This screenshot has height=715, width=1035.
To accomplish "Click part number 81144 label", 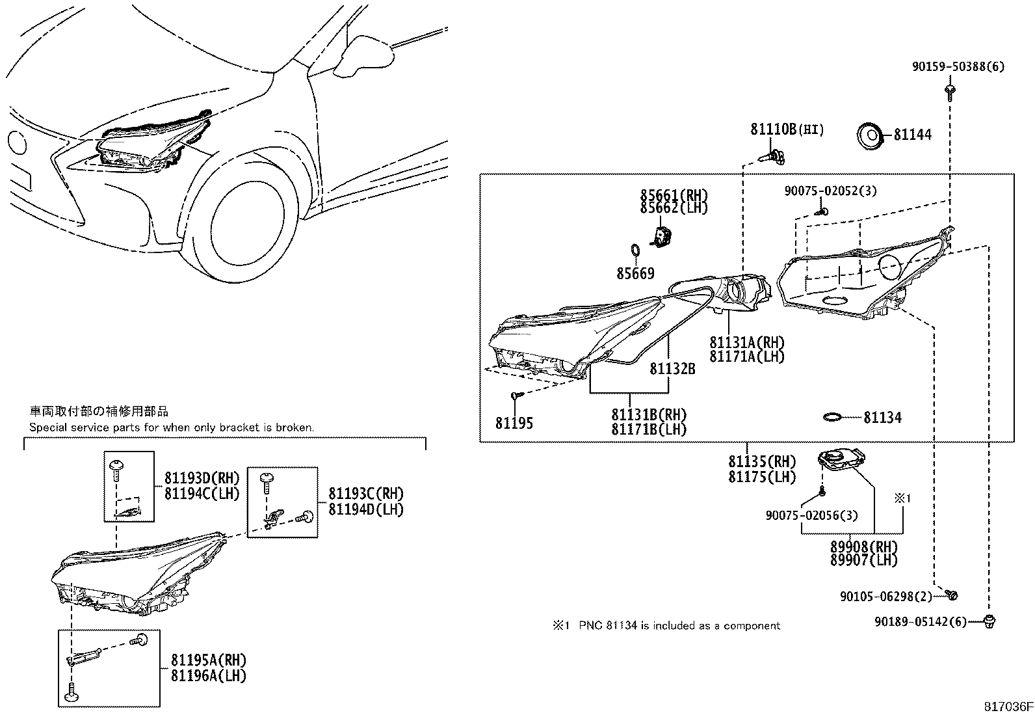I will pyautogui.click(x=912, y=135).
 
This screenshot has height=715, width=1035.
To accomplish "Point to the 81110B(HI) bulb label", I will pyautogui.click(x=787, y=129).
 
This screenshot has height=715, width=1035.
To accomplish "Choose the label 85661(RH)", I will pyautogui.click(x=674, y=195).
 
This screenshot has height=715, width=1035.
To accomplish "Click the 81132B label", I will pyautogui.click(x=672, y=369).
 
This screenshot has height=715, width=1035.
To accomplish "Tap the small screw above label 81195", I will pyautogui.click(x=516, y=394).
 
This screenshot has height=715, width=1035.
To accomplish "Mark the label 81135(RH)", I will pyautogui.click(x=762, y=462).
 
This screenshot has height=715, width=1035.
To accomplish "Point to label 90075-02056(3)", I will pyautogui.click(x=811, y=515).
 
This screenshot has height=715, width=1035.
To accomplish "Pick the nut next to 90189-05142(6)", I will pyautogui.click(x=991, y=621).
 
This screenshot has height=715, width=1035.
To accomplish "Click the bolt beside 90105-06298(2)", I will pyautogui.click(x=953, y=595).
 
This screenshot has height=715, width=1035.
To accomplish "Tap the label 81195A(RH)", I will pyautogui.click(x=209, y=660).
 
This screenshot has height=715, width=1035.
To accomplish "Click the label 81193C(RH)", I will pyautogui.click(x=366, y=494).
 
